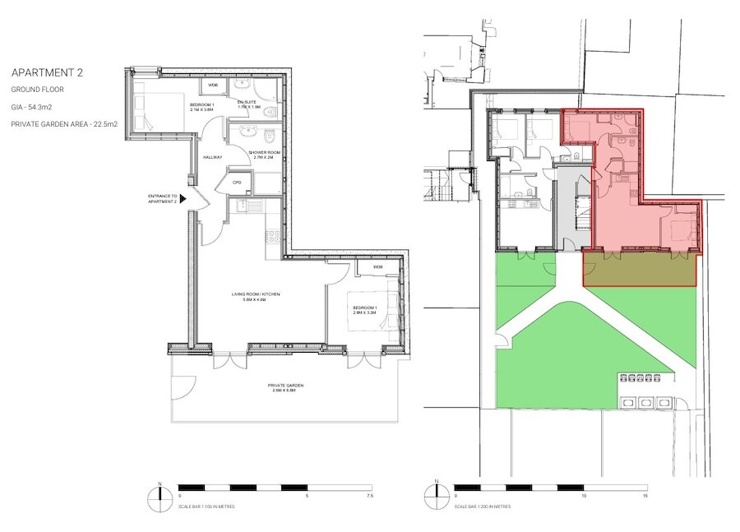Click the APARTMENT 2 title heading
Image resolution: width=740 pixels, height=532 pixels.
click(x=47, y=72)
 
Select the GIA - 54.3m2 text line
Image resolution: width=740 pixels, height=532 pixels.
click(x=30, y=106)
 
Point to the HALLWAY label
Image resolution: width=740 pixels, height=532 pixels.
click(x=212, y=157)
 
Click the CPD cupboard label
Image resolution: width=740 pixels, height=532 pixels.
click(x=237, y=183)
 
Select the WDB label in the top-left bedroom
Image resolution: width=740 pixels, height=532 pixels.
click(x=212, y=85)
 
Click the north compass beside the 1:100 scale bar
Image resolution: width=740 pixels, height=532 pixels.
click(x=156, y=497)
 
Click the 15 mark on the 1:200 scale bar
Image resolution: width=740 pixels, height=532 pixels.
click(x=645, y=497)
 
